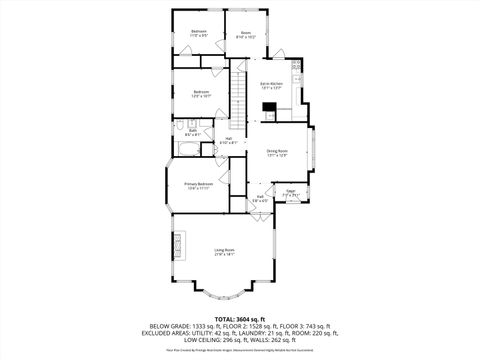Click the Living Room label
(x=224, y=249)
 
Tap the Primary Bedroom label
(x=198, y=184)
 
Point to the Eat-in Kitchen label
(x=272, y=83)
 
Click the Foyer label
(x=290, y=190)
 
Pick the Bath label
(x=192, y=130)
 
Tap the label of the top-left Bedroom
(x=199, y=32)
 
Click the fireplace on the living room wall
(x=179, y=244)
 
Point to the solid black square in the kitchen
(x=269, y=107)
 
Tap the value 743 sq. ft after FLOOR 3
(x=319, y=326)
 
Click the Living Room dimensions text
(x=224, y=255)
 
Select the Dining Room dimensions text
(x=277, y=156)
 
